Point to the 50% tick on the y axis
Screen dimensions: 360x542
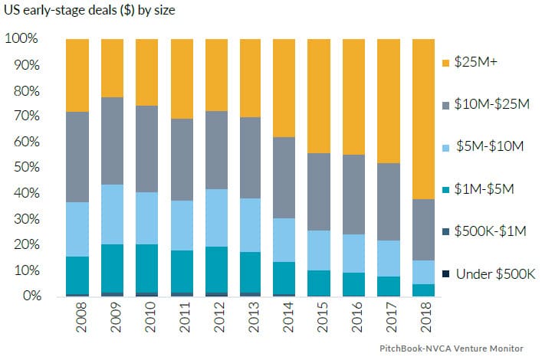[25, 167]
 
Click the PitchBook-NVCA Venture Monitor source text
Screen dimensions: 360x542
[452, 349]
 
